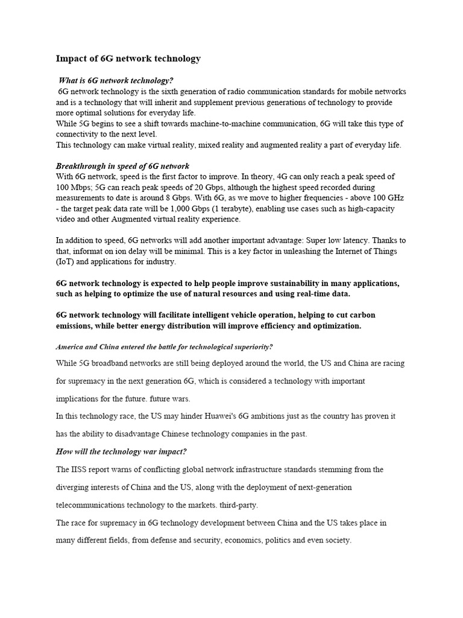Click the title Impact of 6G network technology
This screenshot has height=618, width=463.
(x=128, y=59)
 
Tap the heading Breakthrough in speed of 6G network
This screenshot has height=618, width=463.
(x=122, y=166)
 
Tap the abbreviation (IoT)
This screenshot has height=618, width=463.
(x=66, y=261)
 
